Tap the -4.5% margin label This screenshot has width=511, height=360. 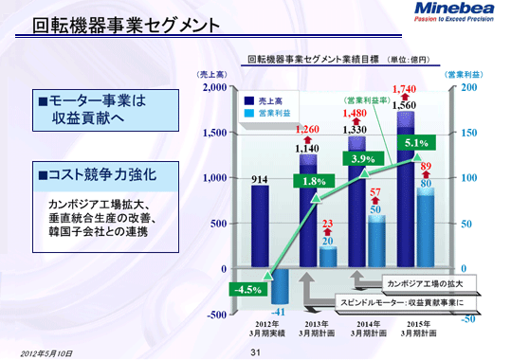pyautogui.click(x=250, y=289)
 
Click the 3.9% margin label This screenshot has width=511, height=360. pyautogui.click(x=365, y=159)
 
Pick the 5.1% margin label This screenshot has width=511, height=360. pyautogui.click(x=416, y=144)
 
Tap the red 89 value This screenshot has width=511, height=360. pyautogui.click(x=426, y=167)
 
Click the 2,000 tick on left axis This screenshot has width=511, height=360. pyautogui.click(x=215, y=87)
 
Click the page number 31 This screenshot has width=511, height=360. pyautogui.click(x=254, y=352)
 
